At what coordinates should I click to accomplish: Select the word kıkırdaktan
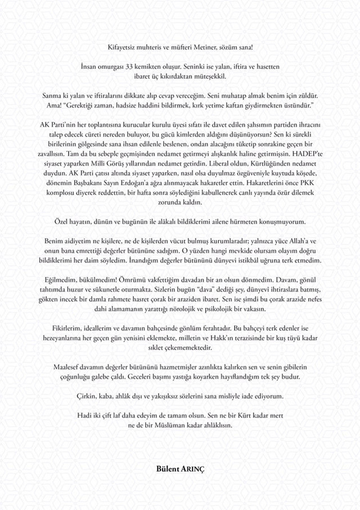tap(173, 75)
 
